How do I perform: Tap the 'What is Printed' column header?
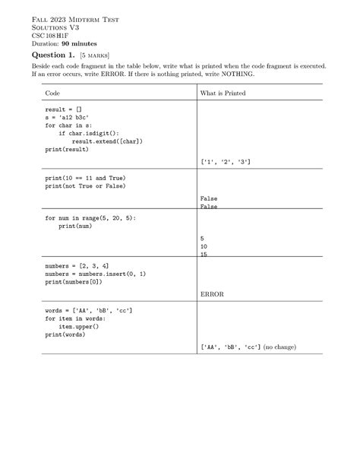[x=223, y=94]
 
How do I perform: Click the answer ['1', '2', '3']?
[x=226, y=162]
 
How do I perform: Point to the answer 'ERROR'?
[x=211, y=293]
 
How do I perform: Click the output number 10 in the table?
[x=204, y=246]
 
